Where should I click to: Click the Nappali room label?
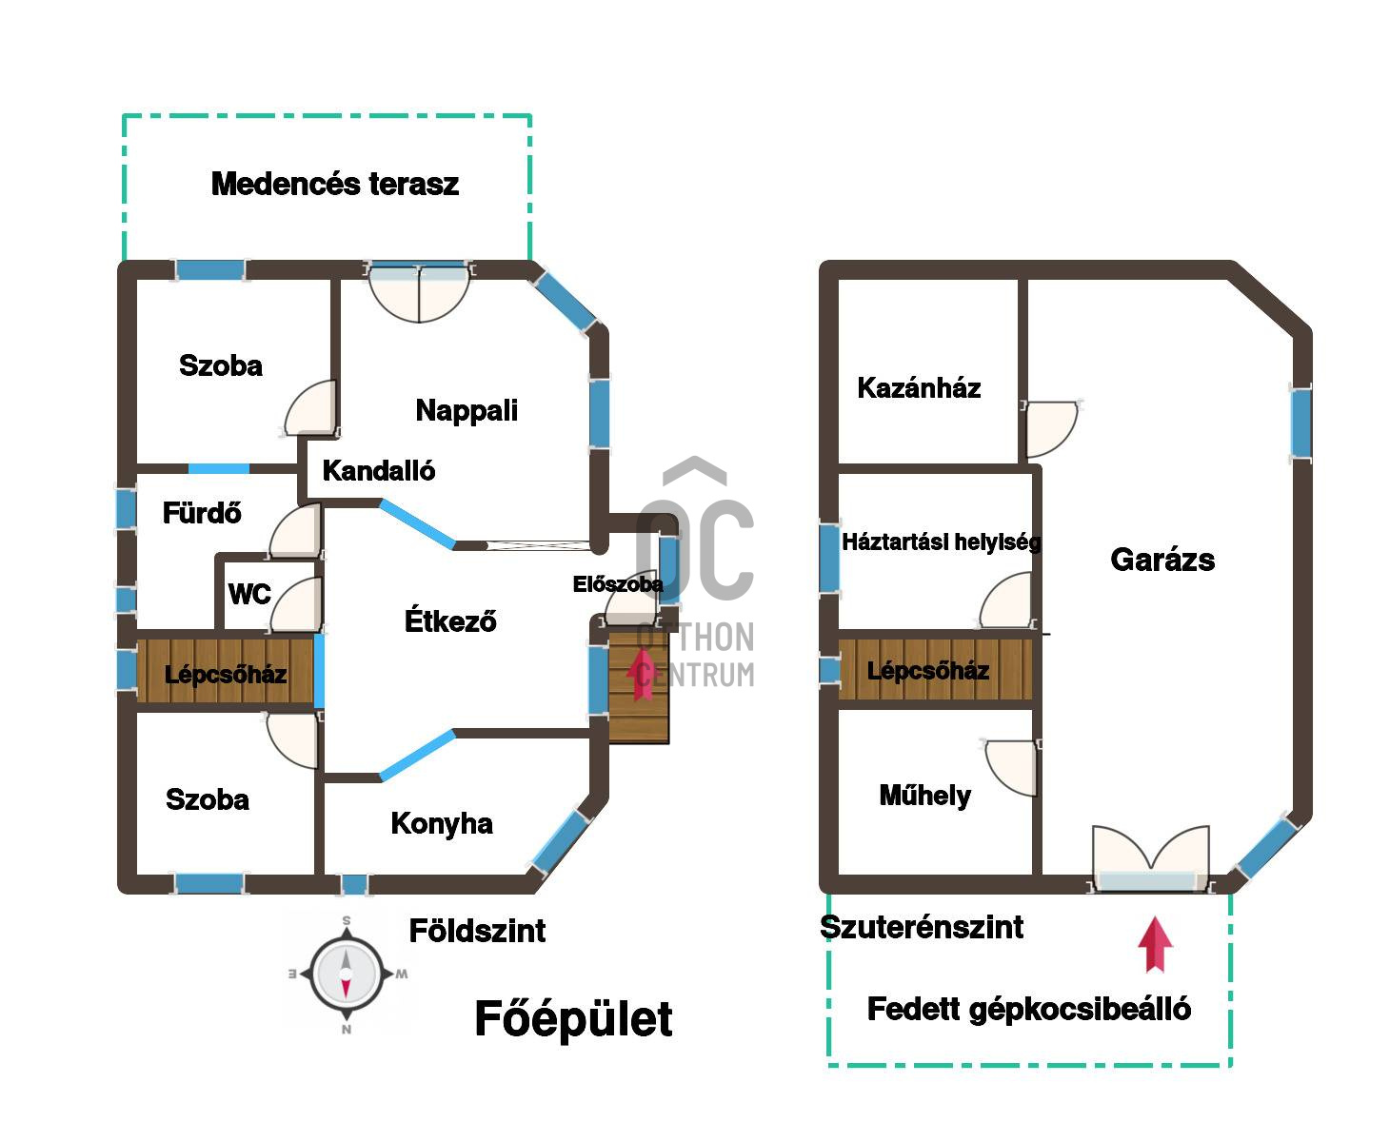(x=467, y=410)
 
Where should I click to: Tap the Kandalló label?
(x=378, y=470)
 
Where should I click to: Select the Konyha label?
(x=442, y=823)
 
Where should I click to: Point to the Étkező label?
(x=450, y=621)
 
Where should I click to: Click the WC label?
(x=249, y=595)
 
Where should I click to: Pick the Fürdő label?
(x=202, y=514)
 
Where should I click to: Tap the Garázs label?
(x=1162, y=560)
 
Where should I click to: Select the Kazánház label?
(x=919, y=388)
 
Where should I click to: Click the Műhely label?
(x=924, y=796)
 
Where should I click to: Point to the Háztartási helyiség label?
(x=941, y=542)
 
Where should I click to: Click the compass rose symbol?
(x=347, y=974)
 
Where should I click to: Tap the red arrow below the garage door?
(x=1155, y=944)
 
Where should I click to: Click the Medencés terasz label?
(x=335, y=184)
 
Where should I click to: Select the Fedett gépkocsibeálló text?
(x=1028, y=1009)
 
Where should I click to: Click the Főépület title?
(x=573, y=1019)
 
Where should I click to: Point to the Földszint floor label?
(x=477, y=931)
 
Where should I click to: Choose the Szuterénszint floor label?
(x=922, y=927)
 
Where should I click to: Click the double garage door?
(x=1151, y=861)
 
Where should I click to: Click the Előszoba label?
(x=617, y=584)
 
